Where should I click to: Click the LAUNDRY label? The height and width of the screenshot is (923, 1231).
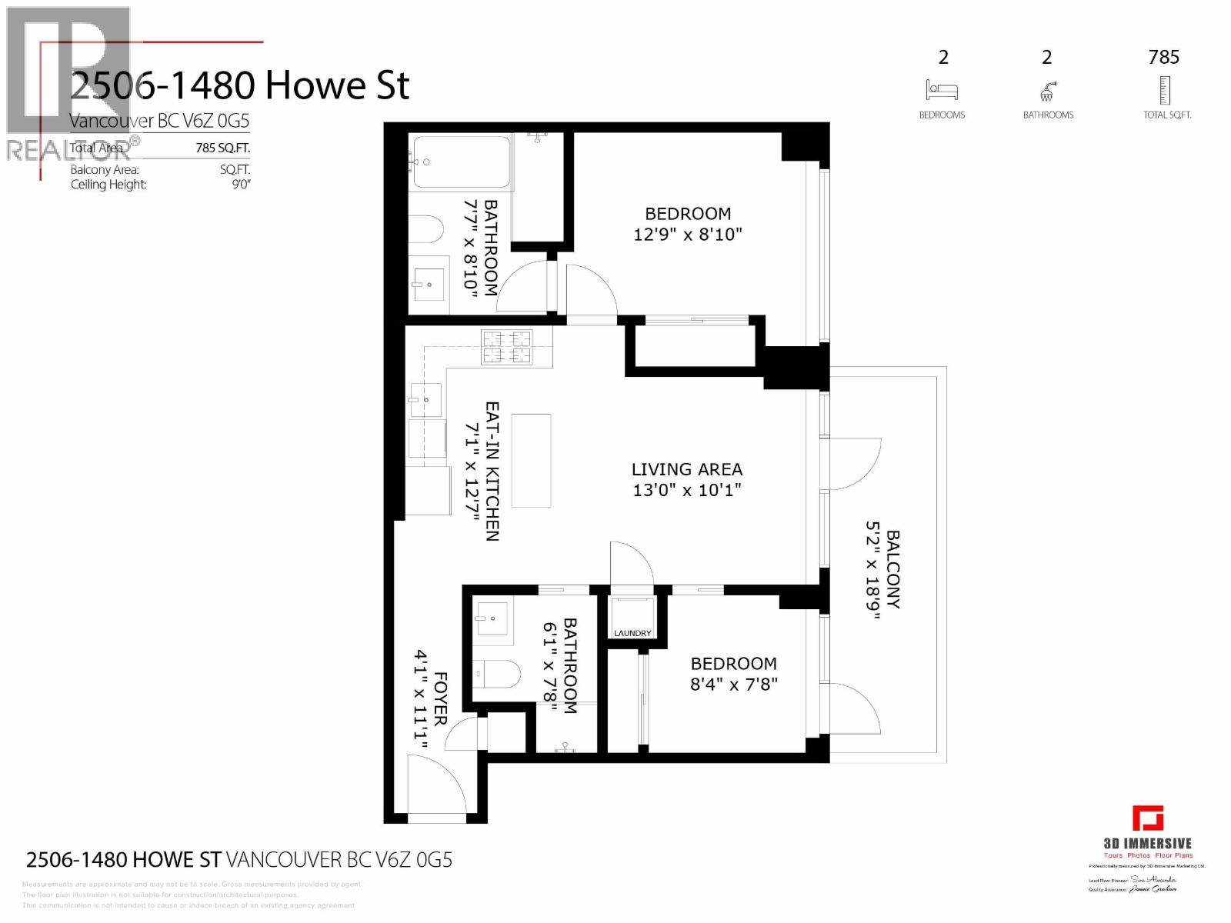632,633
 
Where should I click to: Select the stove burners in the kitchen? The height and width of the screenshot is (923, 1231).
506,347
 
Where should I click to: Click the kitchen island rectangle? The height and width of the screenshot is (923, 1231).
531,460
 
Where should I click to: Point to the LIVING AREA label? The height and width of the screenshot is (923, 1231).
687,469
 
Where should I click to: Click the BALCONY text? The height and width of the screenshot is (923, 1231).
892,569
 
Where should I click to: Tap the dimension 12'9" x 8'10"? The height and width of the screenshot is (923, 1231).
687,235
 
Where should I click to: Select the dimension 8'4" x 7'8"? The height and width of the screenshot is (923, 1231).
733,684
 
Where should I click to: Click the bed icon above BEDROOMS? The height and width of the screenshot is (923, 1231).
942,90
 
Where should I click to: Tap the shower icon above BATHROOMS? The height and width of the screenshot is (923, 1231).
1047,92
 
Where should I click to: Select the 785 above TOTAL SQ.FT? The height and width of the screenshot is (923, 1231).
1163,57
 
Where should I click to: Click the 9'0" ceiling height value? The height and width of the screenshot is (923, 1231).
241,185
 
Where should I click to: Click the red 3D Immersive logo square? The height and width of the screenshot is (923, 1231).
1147,818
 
